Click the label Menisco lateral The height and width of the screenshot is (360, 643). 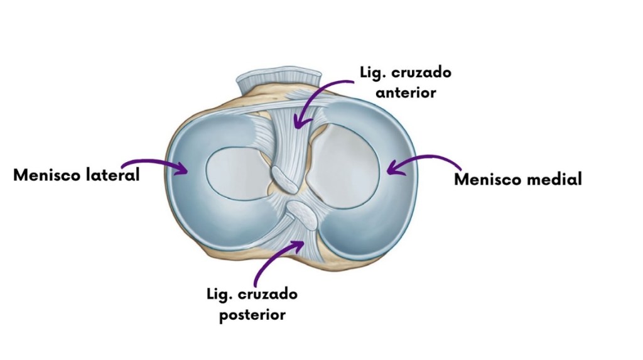[76, 175]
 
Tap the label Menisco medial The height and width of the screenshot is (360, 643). [517, 180]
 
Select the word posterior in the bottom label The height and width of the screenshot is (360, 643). [252, 314]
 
